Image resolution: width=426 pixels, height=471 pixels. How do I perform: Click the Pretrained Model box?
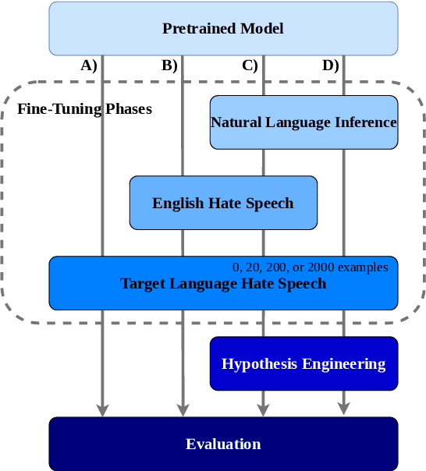[x=223, y=29]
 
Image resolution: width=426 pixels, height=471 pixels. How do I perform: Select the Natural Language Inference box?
[x=304, y=122]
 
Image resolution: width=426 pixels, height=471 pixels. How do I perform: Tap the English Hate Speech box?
[x=223, y=203]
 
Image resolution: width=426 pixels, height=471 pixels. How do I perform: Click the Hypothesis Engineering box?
[x=304, y=363]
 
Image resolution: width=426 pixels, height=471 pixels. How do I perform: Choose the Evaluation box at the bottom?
[x=223, y=444]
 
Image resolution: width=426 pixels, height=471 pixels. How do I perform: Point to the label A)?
[x=89, y=66]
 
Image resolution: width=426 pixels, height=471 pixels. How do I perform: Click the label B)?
[x=169, y=66]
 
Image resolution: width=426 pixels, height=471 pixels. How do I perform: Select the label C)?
[x=250, y=66]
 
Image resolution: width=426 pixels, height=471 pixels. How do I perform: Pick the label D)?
[x=330, y=66]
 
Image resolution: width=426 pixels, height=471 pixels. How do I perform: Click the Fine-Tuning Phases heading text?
[x=84, y=108]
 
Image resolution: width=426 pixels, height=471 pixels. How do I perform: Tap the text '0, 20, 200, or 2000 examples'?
[x=310, y=267]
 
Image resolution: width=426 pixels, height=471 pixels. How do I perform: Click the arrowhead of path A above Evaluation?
[x=102, y=409]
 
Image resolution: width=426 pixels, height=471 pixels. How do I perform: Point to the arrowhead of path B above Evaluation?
[x=183, y=409]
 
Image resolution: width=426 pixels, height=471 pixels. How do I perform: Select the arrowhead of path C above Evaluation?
[x=263, y=409]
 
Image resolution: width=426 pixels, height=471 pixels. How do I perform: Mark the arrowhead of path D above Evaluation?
[x=343, y=409]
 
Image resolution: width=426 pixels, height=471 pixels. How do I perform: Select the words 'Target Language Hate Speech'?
[x=223, y=283]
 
